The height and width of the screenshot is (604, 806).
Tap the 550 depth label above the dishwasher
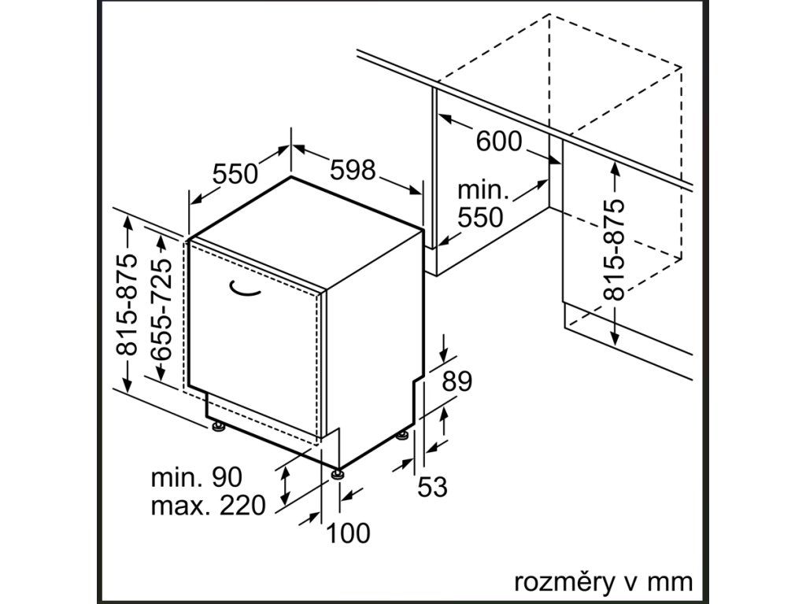point(235,173)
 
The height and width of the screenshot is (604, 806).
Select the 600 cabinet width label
point(498,141)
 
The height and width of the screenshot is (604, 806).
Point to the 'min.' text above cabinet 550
point(484,190)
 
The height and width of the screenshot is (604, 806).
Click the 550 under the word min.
point(480,217)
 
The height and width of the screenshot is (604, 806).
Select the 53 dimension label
point(432,488)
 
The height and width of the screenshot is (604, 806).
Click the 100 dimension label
point(348,533)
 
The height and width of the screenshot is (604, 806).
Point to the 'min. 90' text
point(197,477)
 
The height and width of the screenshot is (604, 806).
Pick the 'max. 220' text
point(208,505)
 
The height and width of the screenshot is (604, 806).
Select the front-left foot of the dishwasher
point(218,426)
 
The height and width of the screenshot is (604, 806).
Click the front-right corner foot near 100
point(338,473)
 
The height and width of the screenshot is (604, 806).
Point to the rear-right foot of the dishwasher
point(403,435)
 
